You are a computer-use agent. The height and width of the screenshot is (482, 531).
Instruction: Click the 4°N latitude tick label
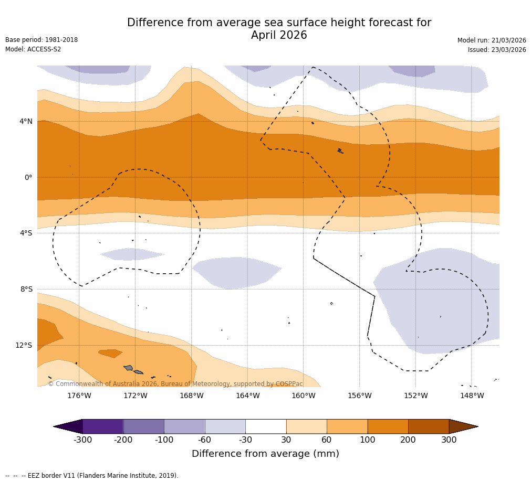pos(26,122)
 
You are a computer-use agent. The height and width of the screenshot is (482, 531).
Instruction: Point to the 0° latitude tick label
pos(28,178)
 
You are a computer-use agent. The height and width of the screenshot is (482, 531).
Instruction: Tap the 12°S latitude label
pos(24,346)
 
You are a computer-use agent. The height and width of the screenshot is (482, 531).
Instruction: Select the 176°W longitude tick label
pos(79,395)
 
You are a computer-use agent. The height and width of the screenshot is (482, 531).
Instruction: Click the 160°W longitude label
pos(303,395)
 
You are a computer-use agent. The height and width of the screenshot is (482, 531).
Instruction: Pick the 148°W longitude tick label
pos(472,395)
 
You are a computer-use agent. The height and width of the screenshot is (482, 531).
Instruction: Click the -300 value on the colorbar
pos(82,440)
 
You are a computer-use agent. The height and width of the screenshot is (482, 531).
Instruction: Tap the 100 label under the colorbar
pos(368,440)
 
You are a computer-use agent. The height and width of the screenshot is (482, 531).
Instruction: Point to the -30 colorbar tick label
pos(245,440)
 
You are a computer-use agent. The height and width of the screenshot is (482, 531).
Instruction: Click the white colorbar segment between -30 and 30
pos(266,426)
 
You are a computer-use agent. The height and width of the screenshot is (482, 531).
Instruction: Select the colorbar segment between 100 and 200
pos(388,426)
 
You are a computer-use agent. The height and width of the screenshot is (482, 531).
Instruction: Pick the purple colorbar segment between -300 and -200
pos(103,426)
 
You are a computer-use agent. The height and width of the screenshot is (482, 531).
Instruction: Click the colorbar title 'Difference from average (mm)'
pos(265,454)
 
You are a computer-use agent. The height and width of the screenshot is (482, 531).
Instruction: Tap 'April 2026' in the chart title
pos(279,36)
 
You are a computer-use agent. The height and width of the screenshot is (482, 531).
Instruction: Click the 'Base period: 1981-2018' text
pos(41,40)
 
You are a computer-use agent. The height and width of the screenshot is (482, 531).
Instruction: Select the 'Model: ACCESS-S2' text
pos(33,49)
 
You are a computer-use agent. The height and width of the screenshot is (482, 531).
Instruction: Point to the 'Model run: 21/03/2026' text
pos(492,40)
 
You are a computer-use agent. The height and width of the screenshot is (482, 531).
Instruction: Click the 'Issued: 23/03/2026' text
pos(497,50)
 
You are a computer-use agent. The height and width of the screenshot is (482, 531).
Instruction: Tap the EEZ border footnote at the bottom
pos(92,476)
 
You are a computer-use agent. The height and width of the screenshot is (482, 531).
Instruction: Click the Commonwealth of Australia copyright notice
pos(175,384)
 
